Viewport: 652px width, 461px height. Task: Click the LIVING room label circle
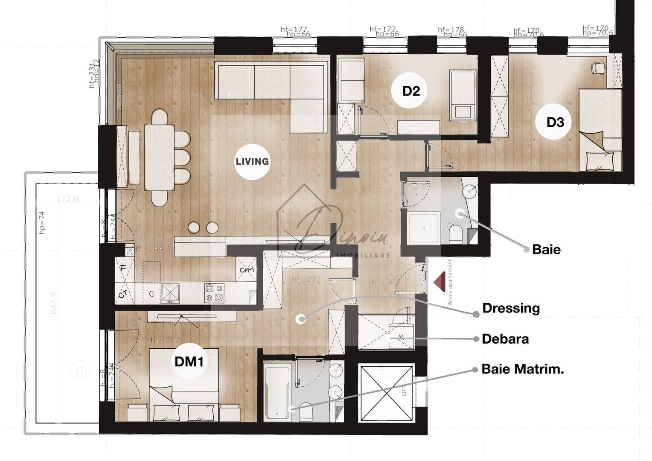point(252,161)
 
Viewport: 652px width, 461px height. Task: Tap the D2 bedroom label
point(411,91)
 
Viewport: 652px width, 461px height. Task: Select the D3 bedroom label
point(555,123)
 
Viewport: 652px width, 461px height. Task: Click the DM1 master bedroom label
point(189,362)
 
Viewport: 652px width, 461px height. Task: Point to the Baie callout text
point(546,249)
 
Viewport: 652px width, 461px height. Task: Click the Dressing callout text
point(511,308)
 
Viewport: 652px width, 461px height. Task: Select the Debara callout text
point(505,339)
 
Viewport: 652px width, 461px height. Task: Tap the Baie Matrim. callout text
point(522,369)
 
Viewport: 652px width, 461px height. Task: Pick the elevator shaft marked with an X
point(386,393)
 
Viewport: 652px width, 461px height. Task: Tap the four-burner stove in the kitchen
point(214,293)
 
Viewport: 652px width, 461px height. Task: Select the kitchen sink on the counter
point(170,293)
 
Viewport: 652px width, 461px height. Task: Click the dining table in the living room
point(159,157)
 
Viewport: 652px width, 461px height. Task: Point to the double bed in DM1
point(183,384)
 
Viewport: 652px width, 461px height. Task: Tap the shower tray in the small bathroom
point(424,228)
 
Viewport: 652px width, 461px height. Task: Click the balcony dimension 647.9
point(54,303)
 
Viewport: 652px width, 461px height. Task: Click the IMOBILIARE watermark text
point(363,255)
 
